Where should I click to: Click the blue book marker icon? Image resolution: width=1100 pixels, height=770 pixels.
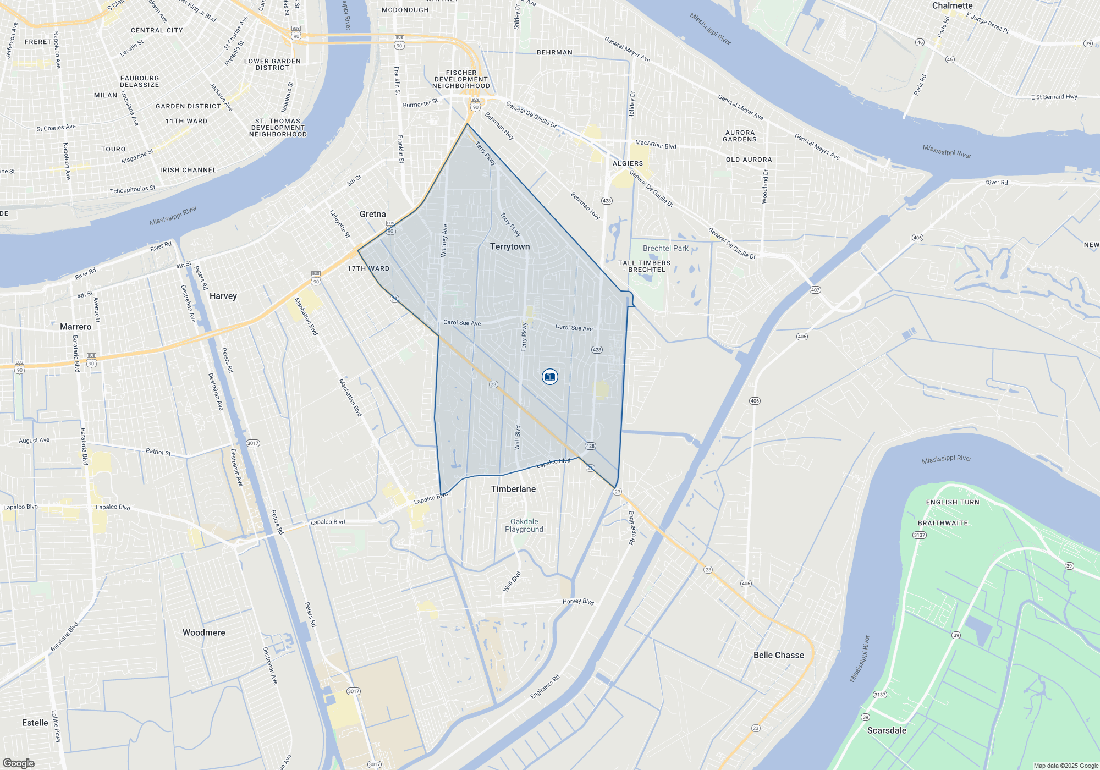pyautogui.click(x=549, y=377)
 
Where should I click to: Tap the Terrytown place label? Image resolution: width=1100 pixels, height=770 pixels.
pyautogui.click(x=510, y=246)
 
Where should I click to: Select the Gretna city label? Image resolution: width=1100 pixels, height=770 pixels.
pyautogui.click(x=372, y=214)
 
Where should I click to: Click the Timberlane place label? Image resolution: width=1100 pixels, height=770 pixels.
pyautogui.click(x=513, y=489)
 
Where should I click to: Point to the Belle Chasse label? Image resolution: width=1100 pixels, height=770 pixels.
pyautogui.click(x=778, y=655)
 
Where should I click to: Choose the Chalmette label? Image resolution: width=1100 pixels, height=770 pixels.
pyautogui.click(x=952, y=5)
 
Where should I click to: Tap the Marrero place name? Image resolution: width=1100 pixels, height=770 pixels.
pyautogui.click(x=75, y=327)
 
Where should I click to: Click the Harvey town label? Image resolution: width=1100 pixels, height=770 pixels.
pyautogui.click(x=223, y=296)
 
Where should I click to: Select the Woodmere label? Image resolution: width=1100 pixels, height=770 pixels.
pyautogui.click(x=204, y=632)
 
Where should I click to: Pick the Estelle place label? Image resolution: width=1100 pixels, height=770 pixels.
pyautogui.click(x=35, y=723)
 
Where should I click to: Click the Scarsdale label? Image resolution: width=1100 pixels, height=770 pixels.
pyautogui.click(x=887, y=730)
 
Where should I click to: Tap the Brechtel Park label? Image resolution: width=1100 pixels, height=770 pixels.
pyautogui.click(x=665, y=248)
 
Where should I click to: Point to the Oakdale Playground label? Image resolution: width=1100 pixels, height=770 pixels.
pyautogui.click(x=524, y=525)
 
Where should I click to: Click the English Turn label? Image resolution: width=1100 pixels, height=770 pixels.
pyautogui.click(x=953, y=502)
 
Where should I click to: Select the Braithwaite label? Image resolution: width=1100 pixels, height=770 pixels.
pyautogui.click(x=943, y=523)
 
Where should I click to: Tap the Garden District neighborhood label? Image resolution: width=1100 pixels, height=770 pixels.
pyautogui.click(x=188, y=106)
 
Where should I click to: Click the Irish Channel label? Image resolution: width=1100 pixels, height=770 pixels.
pyautogui.click(x=188, y=170)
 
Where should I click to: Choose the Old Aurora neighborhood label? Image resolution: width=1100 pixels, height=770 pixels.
pyautogui.click(x=749, y=159)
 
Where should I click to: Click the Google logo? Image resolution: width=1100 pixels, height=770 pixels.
pyautogui.click(x=19, y=763)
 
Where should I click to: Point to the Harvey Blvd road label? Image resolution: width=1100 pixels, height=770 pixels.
pyautogui.click(x=578, y=602)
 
